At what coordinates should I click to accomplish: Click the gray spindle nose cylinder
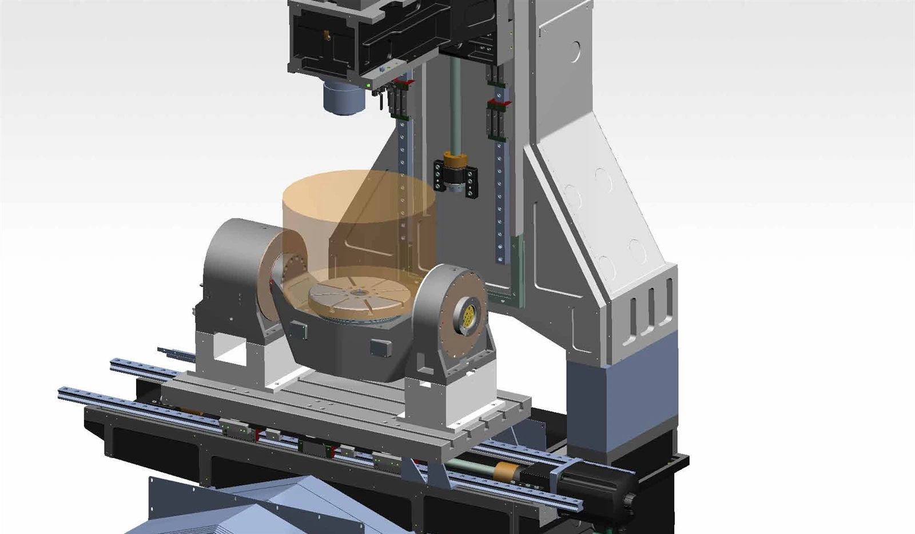pos(344,98)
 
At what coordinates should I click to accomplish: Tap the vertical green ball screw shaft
pos(455,103)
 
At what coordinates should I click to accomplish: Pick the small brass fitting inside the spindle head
pos(327,35)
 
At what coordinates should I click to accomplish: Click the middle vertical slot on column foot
pos(651,309)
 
